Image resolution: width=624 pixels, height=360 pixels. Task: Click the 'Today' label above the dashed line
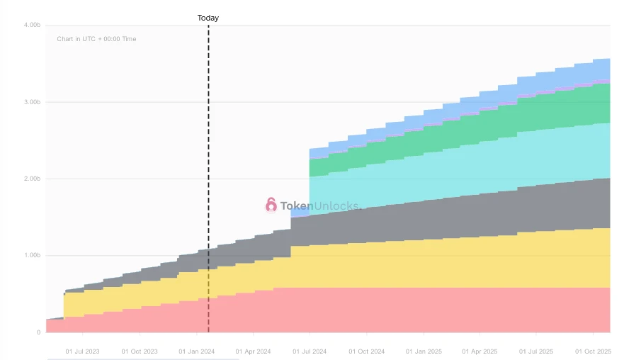point(208,18)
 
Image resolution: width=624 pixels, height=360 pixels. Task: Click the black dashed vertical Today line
point(208,177)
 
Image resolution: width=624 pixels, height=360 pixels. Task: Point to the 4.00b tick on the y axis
point(32,26)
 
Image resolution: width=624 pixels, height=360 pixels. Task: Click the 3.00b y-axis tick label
point(32,102)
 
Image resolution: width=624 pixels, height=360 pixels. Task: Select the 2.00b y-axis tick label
point(32,179)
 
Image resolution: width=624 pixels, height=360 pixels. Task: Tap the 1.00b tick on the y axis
point(32,255)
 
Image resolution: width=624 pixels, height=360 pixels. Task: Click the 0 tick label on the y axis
point(38,332)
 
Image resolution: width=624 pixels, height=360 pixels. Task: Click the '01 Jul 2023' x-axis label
point(83,351)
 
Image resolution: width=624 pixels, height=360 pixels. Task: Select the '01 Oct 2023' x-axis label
point(140,351)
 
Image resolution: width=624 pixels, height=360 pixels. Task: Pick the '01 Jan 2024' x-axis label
point(197,351)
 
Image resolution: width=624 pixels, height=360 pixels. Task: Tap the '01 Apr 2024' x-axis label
point(253,351)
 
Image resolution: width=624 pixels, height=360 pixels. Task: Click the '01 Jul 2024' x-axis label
point(310,351)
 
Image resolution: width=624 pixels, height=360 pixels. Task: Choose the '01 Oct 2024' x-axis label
point(366,351)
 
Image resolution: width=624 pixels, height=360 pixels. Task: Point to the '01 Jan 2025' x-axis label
point(424,351)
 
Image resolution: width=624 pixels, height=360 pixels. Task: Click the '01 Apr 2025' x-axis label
point(480,351)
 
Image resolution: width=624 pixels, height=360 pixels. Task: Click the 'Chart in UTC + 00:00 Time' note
point(96,39)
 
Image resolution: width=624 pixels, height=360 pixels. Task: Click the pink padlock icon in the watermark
point(271,206)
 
